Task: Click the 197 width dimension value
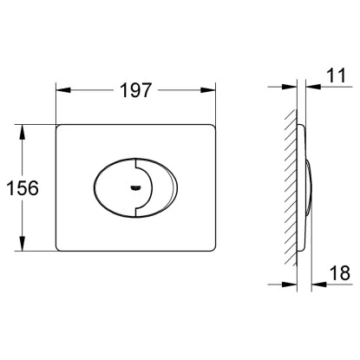pyautogui.click(x=135, y=90)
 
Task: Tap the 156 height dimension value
pyautogui.click(x=23, y=188)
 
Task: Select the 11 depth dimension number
pyautogui.click(x=337, y=75)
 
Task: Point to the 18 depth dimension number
pyautogui.click(x=340, y=273)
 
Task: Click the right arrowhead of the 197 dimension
pyautogui.click(x=208, y=90)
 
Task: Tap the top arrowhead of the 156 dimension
pyautogui.click(x=22, y=132)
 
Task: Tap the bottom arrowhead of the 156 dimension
pyautogui.click(x=22, y=244)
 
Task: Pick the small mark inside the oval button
pyautogui.click(x=135, y=188)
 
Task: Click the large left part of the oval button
pyautogui.click(x=115, y=187)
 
